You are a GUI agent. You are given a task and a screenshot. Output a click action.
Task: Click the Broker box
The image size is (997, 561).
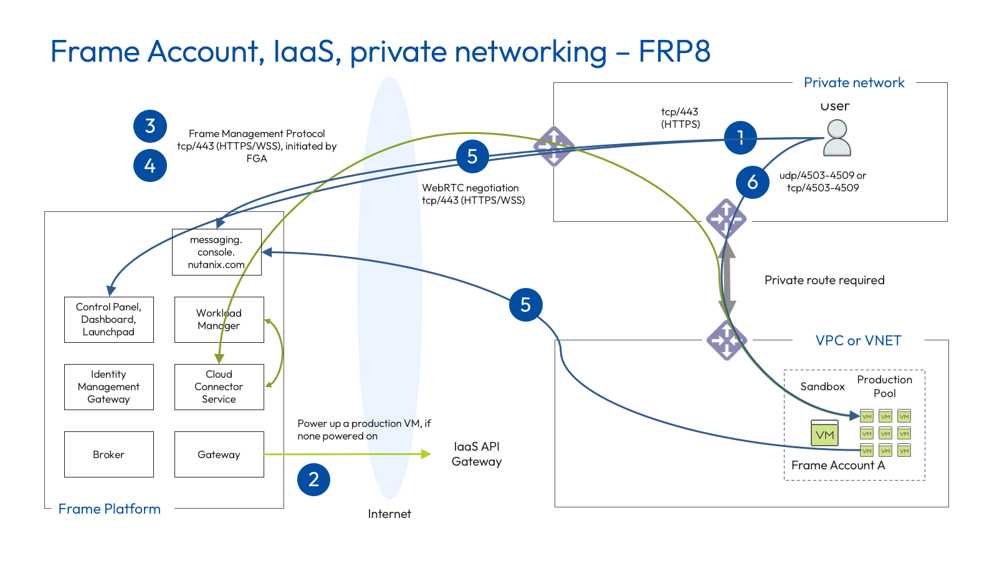coord(108,454)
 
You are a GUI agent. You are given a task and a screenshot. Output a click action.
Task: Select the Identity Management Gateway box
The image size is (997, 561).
coord(108,386)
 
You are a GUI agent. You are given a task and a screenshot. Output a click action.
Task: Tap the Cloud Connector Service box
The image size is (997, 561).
coord(219,386)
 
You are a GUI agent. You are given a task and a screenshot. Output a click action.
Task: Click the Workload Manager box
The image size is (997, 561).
coord(219,319)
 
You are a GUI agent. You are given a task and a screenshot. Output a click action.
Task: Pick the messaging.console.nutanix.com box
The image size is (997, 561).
coord(216,252)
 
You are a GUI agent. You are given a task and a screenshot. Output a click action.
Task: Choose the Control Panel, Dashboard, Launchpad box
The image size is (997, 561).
coord(108,319)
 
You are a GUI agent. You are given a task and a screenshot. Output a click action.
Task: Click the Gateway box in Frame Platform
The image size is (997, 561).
coord(219,454)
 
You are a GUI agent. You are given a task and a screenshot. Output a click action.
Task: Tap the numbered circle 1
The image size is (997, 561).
coord(740,138)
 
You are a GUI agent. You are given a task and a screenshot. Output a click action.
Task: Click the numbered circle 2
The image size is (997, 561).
coord(313,479)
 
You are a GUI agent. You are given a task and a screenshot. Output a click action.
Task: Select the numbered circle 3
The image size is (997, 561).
coord(150,126)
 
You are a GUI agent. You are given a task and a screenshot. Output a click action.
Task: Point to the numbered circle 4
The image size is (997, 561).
coord(150,165)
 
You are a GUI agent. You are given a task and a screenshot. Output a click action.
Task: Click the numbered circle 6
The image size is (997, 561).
coord(752,182)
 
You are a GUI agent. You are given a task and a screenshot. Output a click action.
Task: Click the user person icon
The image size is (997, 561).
coord(837,138)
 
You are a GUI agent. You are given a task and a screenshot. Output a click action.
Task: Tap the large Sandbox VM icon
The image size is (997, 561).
coord(824,433)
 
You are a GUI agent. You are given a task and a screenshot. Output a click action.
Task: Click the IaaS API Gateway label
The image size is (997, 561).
coord(477,454)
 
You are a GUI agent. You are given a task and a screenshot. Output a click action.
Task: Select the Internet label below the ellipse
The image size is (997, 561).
coord(389,514)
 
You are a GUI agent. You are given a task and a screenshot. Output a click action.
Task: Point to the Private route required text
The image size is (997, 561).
coord(824,280)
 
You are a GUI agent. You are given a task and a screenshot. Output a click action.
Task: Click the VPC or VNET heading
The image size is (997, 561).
coord(858,340)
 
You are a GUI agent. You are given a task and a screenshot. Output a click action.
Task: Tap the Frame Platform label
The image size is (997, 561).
coord(109,509)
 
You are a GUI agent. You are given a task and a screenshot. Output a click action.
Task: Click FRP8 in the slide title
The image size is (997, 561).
coord(674,51)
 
